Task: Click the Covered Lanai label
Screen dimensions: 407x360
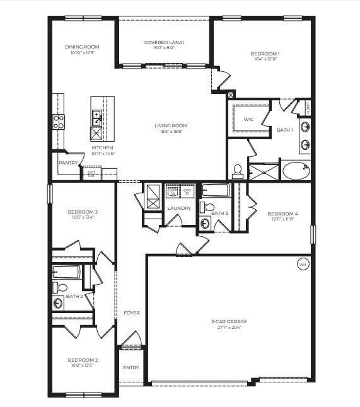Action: (x=164, y=43)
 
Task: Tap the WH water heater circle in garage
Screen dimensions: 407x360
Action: (x=303, y=265)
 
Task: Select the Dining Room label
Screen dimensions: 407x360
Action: (x=83, y=47)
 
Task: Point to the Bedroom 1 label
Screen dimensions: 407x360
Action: (x=265, y=54)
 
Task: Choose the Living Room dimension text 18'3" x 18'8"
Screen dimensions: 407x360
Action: (x=171, y=131)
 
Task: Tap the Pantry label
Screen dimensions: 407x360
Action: (x=67, y=163)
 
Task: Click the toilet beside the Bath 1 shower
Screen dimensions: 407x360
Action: (x=238, y=170)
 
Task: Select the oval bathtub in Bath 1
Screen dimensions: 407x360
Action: (x=295, y=170)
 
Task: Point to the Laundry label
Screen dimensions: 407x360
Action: (x=179, y=208)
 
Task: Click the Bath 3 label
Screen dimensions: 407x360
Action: (x=219, y=213)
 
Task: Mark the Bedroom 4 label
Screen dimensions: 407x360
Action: (x=282, y=214)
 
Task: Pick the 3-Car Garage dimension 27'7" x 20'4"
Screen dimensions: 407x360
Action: (x=228, y=327)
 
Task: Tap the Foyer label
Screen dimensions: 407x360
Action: (x=131, y=312)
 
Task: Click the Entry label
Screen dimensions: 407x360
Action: (x=131, y=367)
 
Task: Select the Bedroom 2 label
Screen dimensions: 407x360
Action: (x=83, y=360)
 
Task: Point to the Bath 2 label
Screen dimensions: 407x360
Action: (x=74, y=296)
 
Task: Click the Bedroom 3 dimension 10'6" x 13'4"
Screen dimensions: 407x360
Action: (x=83, y=217)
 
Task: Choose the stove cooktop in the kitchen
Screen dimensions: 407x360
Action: (x=58, y=122)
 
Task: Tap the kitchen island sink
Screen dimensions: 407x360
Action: (x=97, y=115)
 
